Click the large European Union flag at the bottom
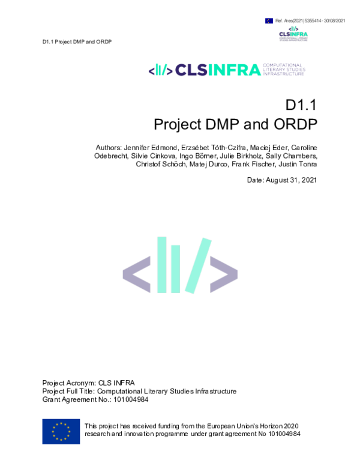(x=61, y=431)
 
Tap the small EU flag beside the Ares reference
(x=269, y=21)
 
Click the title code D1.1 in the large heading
(x=300, y=105)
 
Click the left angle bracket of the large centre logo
(x=137, y=273)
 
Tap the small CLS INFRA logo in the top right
(x=293, y=33)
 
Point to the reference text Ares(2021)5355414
(x=298, y=21)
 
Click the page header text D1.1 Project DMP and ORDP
(x=77, y=41)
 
